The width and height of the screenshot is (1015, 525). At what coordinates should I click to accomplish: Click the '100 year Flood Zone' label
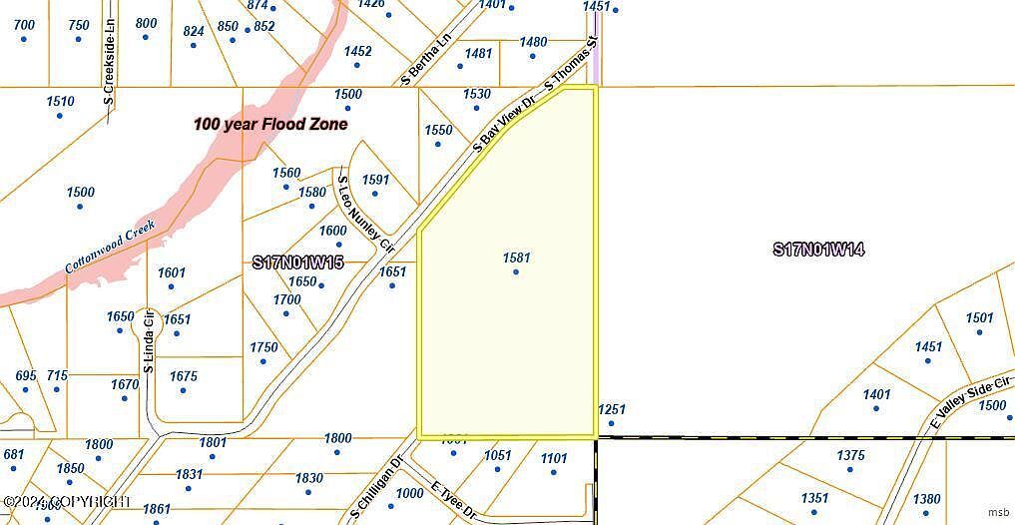click(270, 125)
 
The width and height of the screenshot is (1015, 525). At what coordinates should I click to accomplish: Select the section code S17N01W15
click(297, 262)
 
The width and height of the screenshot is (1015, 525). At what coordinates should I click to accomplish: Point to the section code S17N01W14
click(818, 250)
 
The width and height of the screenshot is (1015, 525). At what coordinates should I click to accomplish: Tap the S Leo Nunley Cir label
click(366, 213)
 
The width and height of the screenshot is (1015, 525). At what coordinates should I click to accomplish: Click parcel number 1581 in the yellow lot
click(516, 258)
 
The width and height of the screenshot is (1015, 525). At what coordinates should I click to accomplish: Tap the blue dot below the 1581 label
click(516, 272)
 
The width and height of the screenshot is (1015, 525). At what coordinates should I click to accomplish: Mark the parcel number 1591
click(375, 180)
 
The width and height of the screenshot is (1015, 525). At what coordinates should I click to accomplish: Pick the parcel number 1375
click(850, 455)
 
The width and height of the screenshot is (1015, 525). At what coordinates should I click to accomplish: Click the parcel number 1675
click(184, 376)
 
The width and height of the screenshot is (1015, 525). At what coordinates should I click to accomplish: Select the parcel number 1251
click(611, 409)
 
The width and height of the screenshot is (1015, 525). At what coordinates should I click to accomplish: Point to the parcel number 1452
click(357, 51)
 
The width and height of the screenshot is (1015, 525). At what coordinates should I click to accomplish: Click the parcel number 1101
click(554, 458)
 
